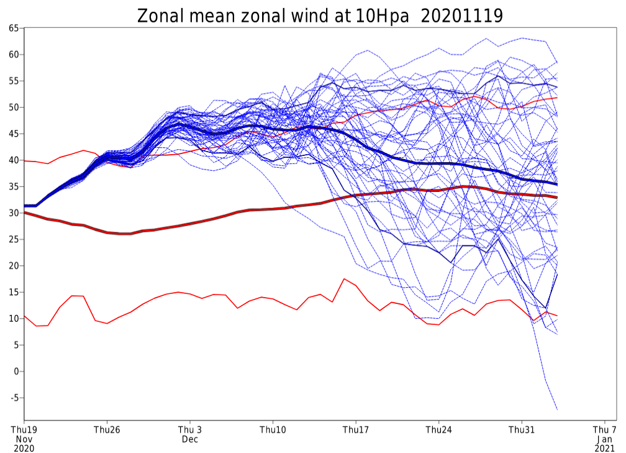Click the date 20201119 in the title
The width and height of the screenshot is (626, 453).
462,16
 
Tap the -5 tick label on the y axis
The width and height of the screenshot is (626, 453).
14,398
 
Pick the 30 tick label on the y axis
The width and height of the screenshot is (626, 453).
14,213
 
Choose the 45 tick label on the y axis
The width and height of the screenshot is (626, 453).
14,134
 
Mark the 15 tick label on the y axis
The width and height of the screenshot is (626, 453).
14,293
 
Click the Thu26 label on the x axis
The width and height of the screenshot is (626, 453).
107,429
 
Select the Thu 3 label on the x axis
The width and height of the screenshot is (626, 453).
190,429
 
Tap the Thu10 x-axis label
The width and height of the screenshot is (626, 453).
273,429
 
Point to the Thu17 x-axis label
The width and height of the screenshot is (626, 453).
356,429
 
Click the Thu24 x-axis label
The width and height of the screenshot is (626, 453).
438,429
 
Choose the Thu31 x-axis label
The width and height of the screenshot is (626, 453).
522,429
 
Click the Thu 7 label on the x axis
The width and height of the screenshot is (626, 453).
605,429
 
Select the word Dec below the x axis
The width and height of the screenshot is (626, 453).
190,439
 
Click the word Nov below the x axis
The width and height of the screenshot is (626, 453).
24,439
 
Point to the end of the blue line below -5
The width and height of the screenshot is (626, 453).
557,410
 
